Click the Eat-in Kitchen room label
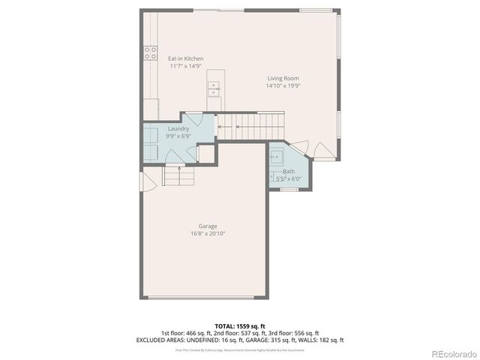[186, 58]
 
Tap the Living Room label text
[283, 78]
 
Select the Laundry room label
[178, 129]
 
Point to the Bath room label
[289, 172]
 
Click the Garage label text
[208, 226]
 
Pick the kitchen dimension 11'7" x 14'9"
[186, 66]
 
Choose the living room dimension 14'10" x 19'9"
[283, 85]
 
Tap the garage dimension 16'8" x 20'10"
[208, 233]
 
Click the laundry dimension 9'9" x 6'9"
[178, 136]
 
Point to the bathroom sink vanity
[277, 158]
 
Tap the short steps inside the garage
[178, 177]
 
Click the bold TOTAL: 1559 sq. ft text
[240, 326]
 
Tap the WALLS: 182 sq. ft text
[322, 340]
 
